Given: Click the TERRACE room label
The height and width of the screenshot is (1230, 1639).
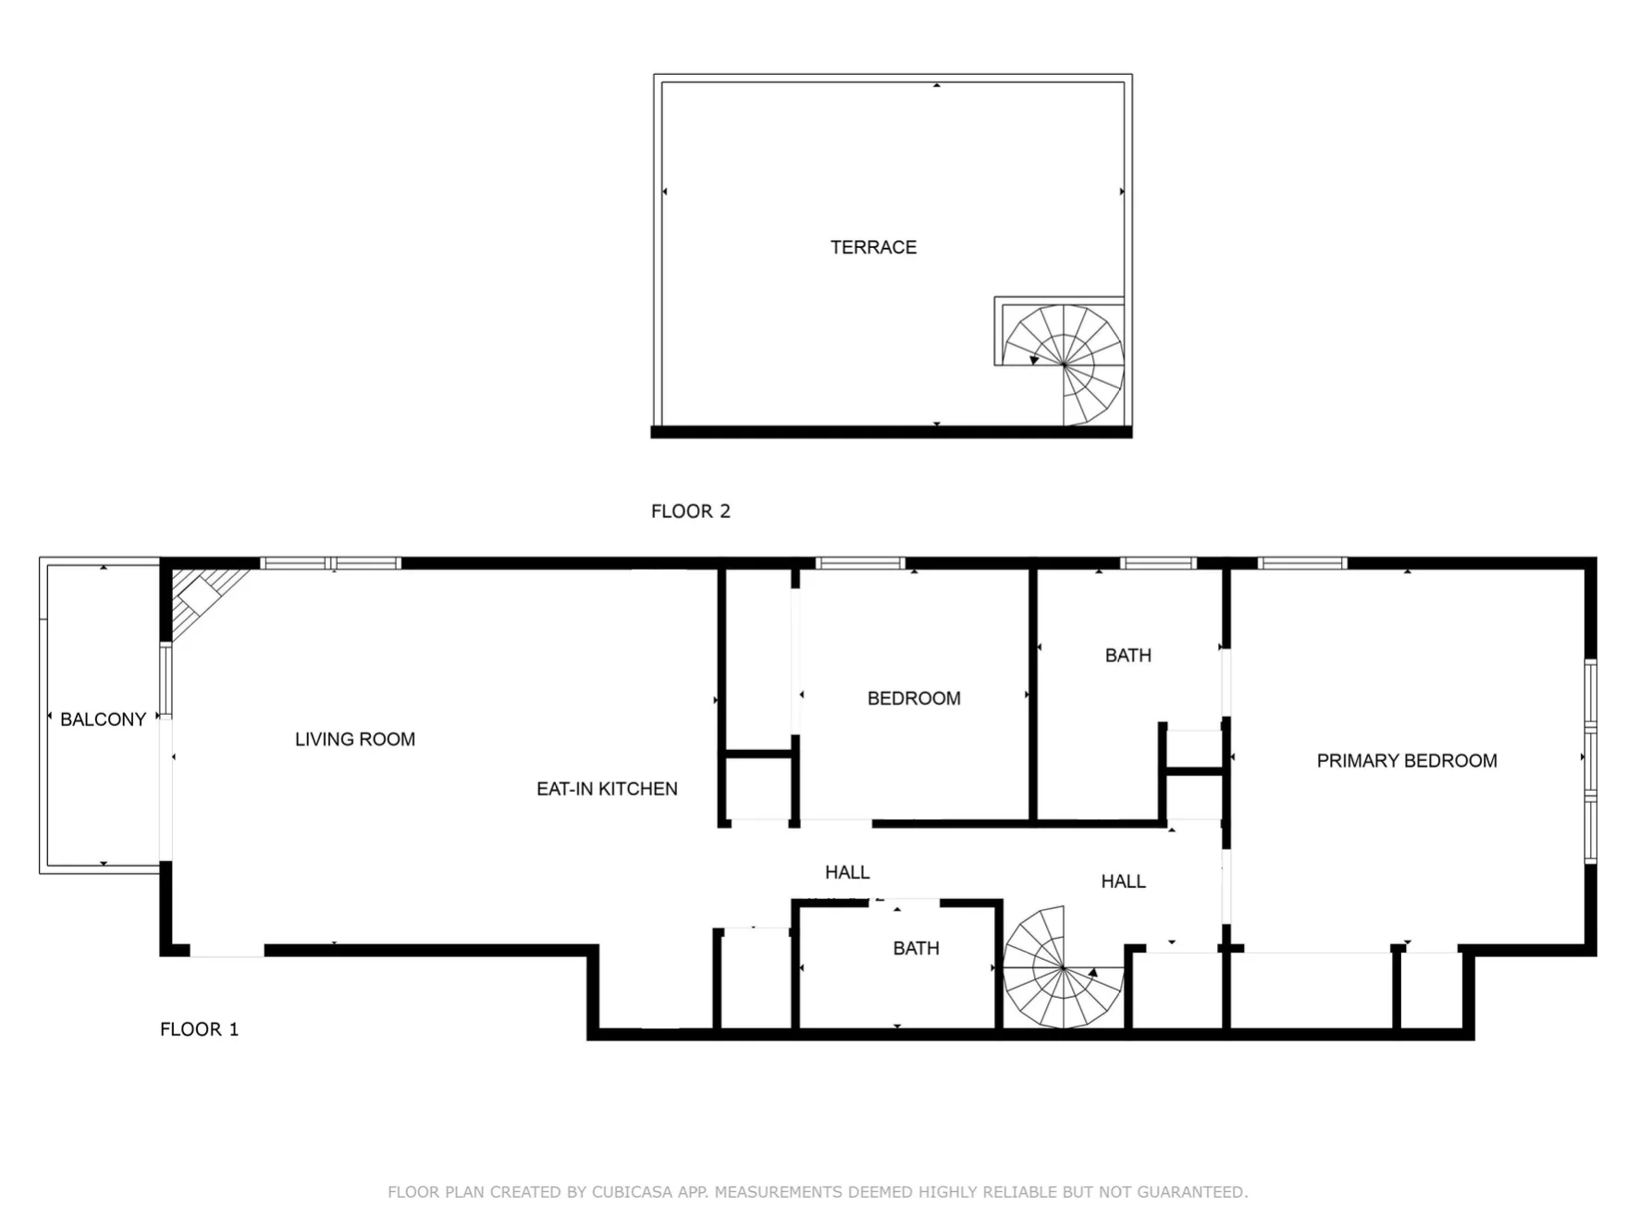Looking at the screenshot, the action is coord(873,247).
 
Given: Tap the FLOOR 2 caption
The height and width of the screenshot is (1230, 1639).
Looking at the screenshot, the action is coord(690,511).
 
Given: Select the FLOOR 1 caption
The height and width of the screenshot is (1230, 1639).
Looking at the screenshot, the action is coord(199,1029).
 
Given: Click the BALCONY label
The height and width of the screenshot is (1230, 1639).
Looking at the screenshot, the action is coord(103,720).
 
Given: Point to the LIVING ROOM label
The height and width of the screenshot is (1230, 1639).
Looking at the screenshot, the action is coord(355,739).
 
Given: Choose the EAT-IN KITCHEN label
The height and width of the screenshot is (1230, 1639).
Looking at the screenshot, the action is coord(607,789).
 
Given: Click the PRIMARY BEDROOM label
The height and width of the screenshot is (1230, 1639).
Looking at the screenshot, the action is coord(1407,760).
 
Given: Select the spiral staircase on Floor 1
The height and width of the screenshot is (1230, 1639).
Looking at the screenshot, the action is coord(1064,967).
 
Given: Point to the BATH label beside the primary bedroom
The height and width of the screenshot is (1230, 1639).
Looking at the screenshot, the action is coord(1128,656).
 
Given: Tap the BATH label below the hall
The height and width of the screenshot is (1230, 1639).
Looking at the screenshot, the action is coord(916,948).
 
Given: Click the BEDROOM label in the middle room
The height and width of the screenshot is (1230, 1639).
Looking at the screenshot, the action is coord(914,698).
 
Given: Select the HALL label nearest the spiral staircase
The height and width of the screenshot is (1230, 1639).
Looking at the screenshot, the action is coord(1123,881).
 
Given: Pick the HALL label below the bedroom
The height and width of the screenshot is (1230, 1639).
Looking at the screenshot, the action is coord(847,872).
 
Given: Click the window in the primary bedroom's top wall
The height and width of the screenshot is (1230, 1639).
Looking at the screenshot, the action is coord(1302,562).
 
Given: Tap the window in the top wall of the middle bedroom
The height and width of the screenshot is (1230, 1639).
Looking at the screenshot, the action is coord(859,562).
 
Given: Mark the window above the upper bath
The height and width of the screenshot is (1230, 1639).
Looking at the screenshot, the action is coord(1158,562).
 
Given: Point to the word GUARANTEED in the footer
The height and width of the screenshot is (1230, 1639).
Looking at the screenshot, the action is coord(1191,1192).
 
